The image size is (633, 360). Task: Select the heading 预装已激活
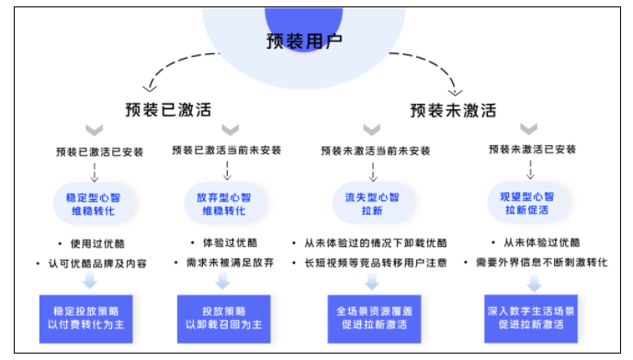click(168, 110)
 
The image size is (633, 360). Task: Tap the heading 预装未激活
click(453, 111)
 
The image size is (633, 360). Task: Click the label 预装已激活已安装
click(99, 151)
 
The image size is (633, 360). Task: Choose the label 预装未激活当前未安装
click(374, 151)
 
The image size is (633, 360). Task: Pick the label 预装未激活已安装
click(532, 150)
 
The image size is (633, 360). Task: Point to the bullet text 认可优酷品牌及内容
click(101, 264)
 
